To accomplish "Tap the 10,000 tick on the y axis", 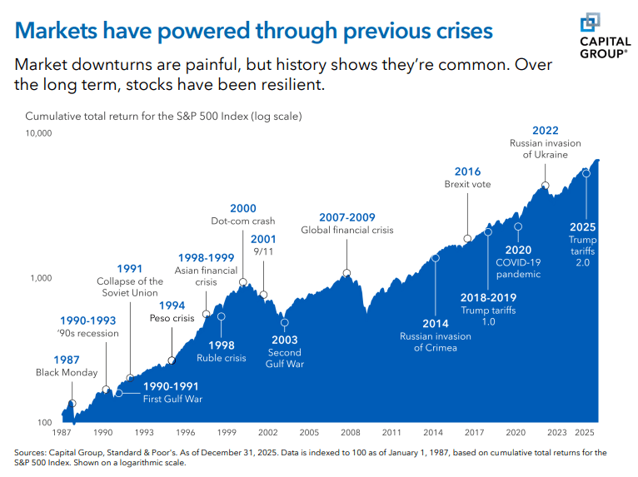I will pyautogui.click(x=38, y=133).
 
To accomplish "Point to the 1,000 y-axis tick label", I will pyautogui.click(x=42, y=278).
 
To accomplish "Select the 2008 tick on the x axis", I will pyautogui.click(x=350, y=433).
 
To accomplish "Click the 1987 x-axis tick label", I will pyautogui.click(x=62, y=433).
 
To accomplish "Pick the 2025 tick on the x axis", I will pyautogui.click(x=585, y=433).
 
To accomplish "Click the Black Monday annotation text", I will pyautogui.click(x=67, y=373).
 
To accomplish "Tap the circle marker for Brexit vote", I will pyautogui.click(x=467, y=238).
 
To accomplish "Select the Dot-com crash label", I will pyautogui.click(x=243, y=221).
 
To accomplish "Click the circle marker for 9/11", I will pyautogui.click(x=263, y=295).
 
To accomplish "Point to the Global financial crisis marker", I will pyautogui.click(x=346, y=273).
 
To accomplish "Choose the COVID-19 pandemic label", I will pyautogui.click(x=518, y=268).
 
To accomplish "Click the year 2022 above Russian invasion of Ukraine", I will pyautogui.click(x=545, y=130).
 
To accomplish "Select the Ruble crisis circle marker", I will pyautogui.click(x=221, y=316).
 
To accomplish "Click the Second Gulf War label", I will pyautogui.click(x=284, y=359).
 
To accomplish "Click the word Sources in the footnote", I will pyautogui.click(x=31, y=452).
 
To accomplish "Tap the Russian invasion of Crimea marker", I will pyautogui.click(x=436, y=258).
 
